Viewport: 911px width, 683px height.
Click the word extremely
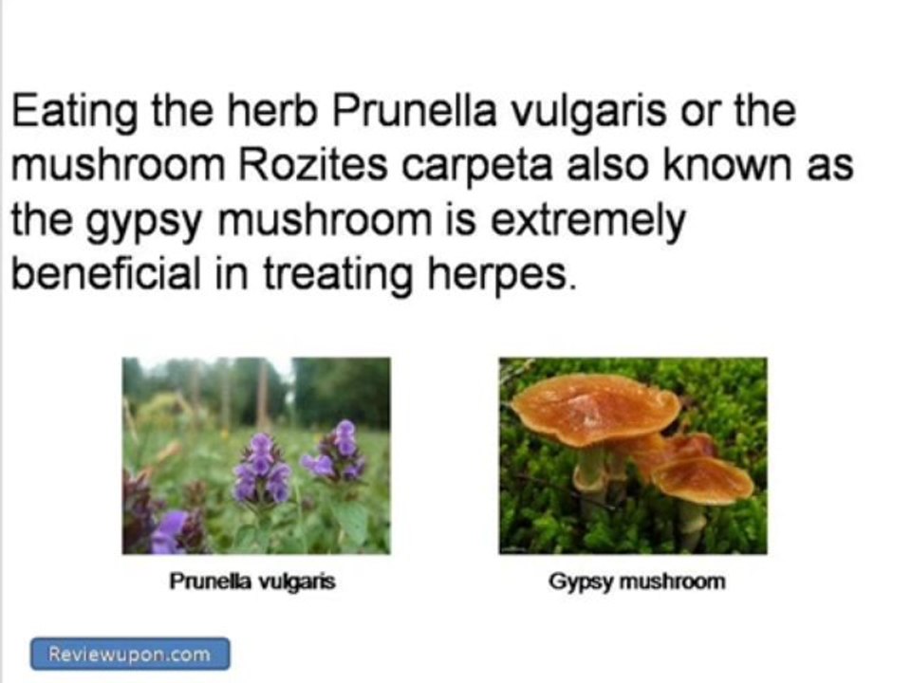(591, 222)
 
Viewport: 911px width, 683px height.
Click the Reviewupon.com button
(130, 654)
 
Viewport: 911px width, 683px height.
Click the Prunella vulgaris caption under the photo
(251, 581)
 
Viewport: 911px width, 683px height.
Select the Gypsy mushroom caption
(636, 581)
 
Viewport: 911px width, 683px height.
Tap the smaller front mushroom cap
(702, 479)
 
